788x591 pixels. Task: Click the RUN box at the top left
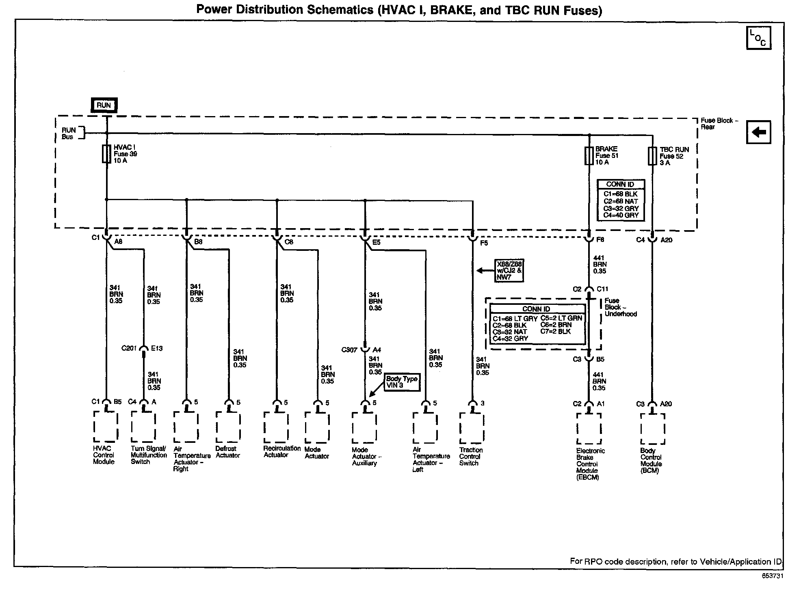click(x=104, y=105)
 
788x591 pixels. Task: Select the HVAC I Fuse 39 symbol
click(x=106, y=154)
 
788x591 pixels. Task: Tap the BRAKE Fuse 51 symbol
click(x=589, y=155)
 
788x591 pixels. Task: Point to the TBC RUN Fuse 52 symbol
click(x=652, y=156)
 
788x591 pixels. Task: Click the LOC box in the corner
click(x=758, y=38)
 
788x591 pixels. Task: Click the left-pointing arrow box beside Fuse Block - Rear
click(x=758, y=132)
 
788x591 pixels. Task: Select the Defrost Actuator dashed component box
click(x=228, y=427)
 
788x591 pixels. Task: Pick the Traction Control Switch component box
click(x=472, y=428)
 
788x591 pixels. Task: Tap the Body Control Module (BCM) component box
click(x=652, y=429)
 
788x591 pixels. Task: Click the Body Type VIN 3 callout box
click(x=401, y=382)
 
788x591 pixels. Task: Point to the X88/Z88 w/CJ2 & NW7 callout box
click(x=509, y=271)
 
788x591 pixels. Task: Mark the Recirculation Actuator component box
click(x=276, y=427)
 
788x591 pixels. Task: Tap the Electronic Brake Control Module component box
click(x=589, y=429)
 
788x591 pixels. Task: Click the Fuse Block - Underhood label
click(x=620, y=307)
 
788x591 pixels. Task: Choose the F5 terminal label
click(x=484, y=243)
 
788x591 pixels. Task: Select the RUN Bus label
click(x=69, y=133)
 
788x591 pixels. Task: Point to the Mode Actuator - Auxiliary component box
click(x=364, y=428)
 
